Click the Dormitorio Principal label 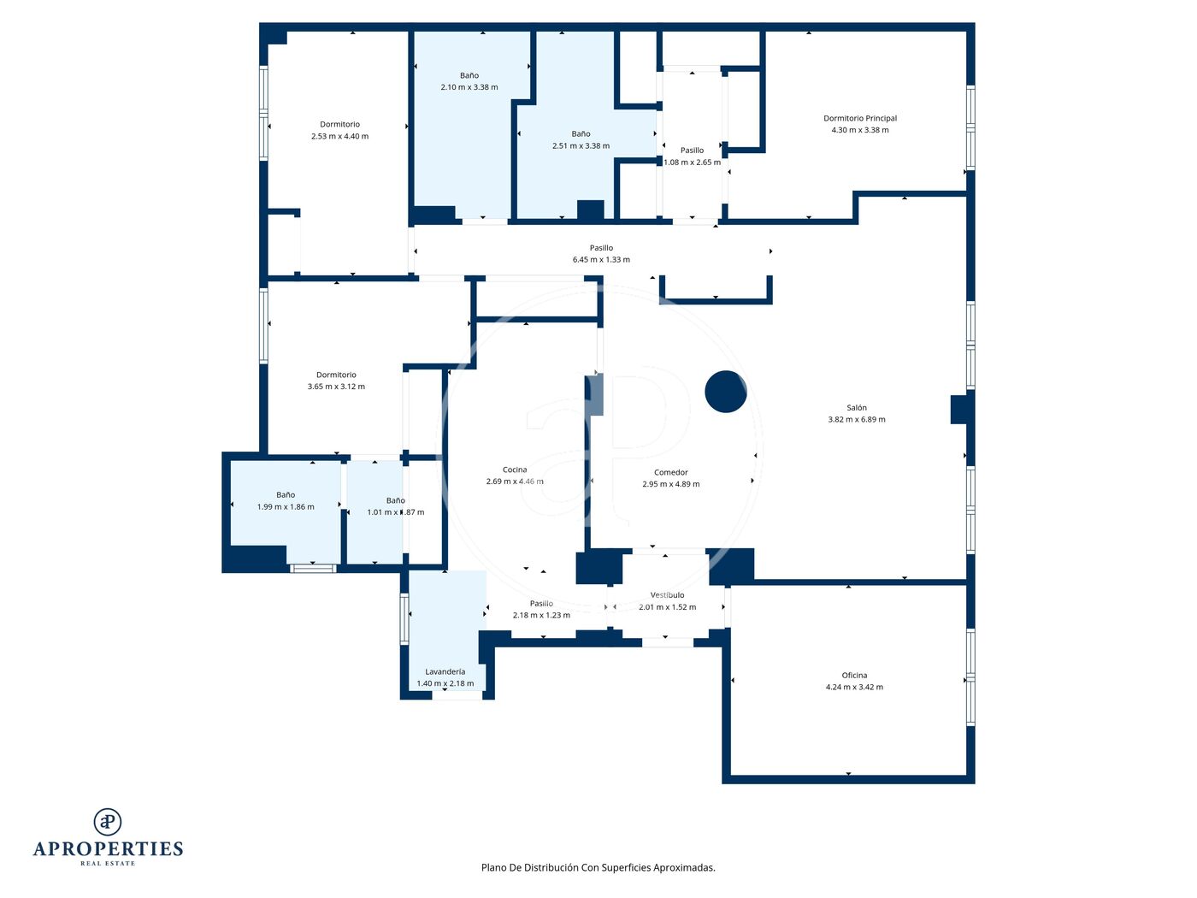point(859,118)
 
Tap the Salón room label point(856,407)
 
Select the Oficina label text point(854,675)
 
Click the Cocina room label point(514,470)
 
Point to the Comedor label point(671,472)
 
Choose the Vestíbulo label point(667,595)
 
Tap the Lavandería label point(445,671)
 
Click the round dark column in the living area point(725,391)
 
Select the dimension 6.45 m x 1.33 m point(601,259)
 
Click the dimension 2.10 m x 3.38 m point(469,86)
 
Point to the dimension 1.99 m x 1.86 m point(286,506)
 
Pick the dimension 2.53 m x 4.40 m point(339,136)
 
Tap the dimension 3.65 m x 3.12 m point(336,387)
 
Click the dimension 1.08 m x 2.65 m point(692,162)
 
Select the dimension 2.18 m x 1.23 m point(541,615)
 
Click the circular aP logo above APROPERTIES point(108,822)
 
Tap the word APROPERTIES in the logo point(108,849)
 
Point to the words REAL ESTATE point(108,863)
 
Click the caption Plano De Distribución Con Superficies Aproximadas point(598,867)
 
